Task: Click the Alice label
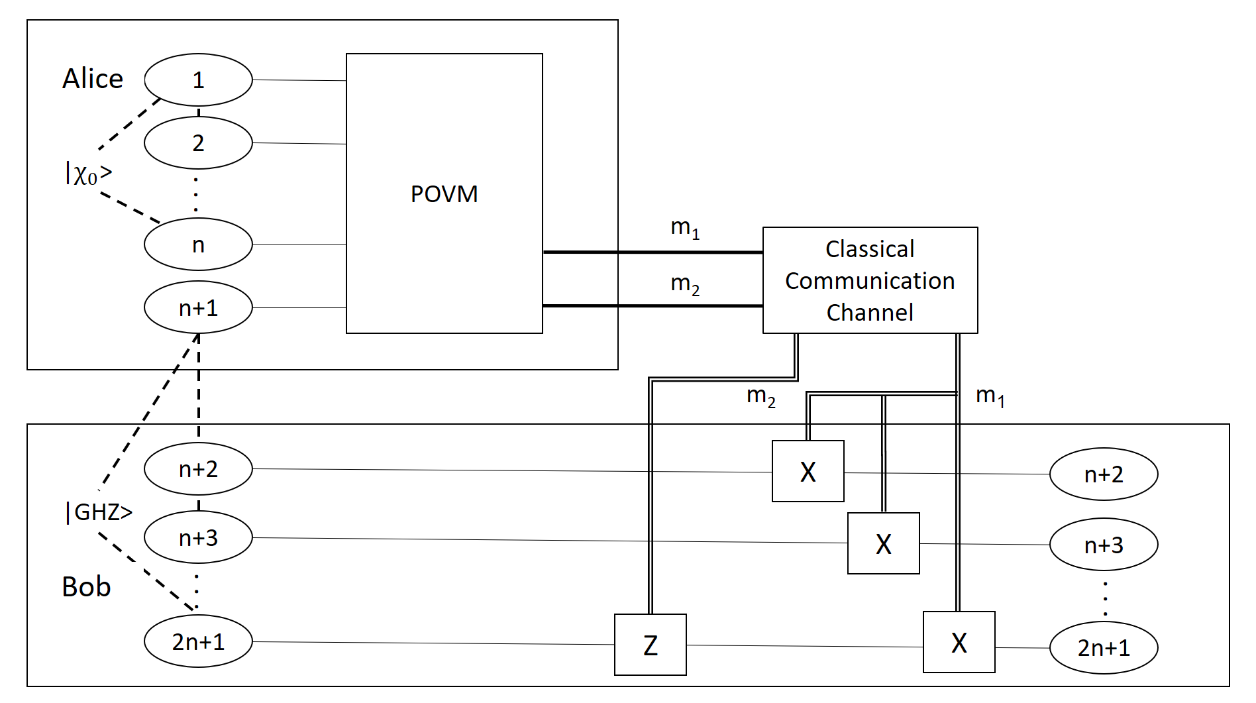pos(93,79)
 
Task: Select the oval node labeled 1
pos(198,80)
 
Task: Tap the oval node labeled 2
pos(198,143)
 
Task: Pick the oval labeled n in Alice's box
pos(198,244)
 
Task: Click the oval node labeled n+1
pos(198,308)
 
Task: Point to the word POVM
pos(444,194)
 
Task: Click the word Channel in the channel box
pos(870,312)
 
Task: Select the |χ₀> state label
pos(89,174)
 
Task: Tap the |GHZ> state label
pos(99,512)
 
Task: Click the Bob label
pos(86,586)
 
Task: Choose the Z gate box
pos(651,645)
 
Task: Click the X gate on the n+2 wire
pos(808,472)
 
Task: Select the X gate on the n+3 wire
pos(884,543)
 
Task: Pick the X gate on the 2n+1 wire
pos(959,642)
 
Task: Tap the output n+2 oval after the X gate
pos(1104,474)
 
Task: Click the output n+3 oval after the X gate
pos(1104,545)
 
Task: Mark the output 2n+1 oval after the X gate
pos(1104,647)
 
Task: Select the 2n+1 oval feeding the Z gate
pos(198,641)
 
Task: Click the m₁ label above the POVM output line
pos(685,228)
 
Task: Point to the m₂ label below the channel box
pos(760,396)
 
